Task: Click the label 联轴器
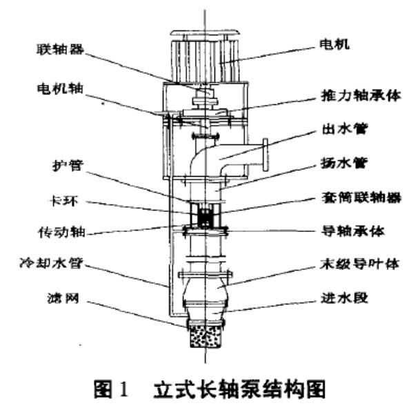pyautogui.click(x=60, y=49)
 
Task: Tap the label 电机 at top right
pyautogui.click(x=335, y=44)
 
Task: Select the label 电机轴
pyautogui.click(x=60, y=88)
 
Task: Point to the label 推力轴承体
pyautogui.click(x=361, y=96)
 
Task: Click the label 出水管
pyautogui.click(x=345, y=129)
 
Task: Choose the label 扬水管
pyautogui.click(x=344, y=163)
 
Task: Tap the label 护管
pyautogui.click(x=68, y=166)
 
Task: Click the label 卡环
pyautogui.click(x=64, y=201)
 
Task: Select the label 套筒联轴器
pyautogui.click(x=361, y=197)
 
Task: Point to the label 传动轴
pyautogui.click(x=62, y=232)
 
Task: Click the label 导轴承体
pyautogui.click(x=353, y=231)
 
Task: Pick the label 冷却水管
pyautogui.click(x=51, y=264)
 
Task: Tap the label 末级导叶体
pyautogui.click(x=359, y=264)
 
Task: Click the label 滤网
pyautogui.click(x=63, y=298)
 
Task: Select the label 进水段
pyautogui.click(x=344, y=298)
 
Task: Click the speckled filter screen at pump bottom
pyautogui.click(x=206, y=336)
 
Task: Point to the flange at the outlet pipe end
pyautogui.click(x=266, y=155)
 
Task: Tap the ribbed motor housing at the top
pyautogui.click(x=206, y=61)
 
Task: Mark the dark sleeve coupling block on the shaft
pyautogui.click(x=205, y=217)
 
